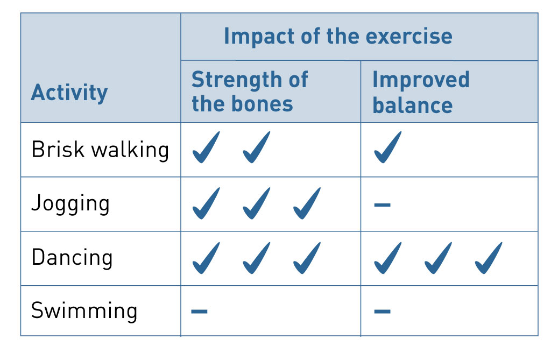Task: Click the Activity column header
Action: point(69,93)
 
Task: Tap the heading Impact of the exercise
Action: point(338,36)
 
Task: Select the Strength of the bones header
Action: point(250,91)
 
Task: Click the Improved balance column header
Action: point(421,92)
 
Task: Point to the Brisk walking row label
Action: point(100,150)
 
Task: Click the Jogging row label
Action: point(70,204)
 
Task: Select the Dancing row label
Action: point(72,258)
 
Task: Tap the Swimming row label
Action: point(84,311)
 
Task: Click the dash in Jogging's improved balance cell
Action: point(383,204)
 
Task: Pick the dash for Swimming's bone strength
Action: point(199,311)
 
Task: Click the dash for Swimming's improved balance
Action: point(383,311)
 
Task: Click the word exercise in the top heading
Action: point(409,36)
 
